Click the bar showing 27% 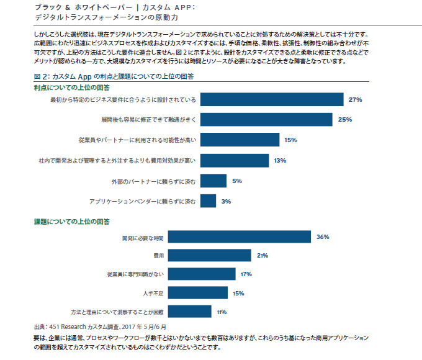(272, 99)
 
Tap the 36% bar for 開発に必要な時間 (240, 237)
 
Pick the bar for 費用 (210, 256)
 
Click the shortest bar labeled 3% (209, 201)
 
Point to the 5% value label (236, 181)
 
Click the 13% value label (279, 161)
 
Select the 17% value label (245, 274)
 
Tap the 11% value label (222, 312)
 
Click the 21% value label (262, 256)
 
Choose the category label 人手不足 (152, 293)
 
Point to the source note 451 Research (99, 326)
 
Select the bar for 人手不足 (199, 293)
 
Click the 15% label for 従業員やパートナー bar (290, 140)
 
